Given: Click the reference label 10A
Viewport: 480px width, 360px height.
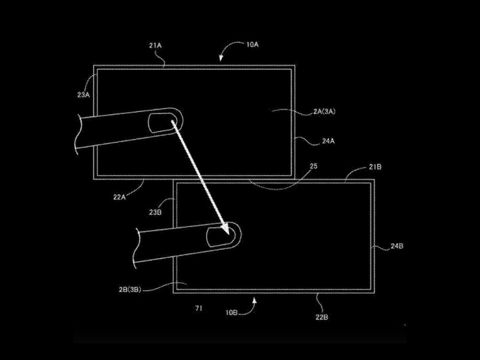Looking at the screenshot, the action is click(252, 45).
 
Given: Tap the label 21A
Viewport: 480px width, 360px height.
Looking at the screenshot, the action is click(155, 46).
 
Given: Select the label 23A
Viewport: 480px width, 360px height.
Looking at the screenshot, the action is click(83, 95).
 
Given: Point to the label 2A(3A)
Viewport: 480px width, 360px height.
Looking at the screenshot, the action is click(324, 111).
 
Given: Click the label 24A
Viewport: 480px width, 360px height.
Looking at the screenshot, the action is click(328, 141).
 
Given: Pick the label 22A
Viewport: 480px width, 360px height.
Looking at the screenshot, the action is click(120, 197).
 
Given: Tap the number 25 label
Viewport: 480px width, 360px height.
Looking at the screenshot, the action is click(314, 166).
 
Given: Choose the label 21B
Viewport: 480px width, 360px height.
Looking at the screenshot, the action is click(375, 167).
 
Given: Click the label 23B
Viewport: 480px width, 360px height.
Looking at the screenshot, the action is click(155, 212).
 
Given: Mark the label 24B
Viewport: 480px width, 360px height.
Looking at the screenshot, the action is click(397, 246).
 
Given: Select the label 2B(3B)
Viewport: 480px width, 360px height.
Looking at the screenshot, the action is click(130, 289).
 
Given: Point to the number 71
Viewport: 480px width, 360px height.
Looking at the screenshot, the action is click(199, 308).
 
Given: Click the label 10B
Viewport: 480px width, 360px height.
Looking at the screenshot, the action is click(231, 313).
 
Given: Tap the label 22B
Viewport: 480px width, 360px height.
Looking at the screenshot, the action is click(322, 317).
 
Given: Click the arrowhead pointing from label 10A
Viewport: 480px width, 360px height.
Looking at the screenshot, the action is click(221, 58).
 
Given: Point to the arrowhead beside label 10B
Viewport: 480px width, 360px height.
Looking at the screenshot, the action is click(254, 301).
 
